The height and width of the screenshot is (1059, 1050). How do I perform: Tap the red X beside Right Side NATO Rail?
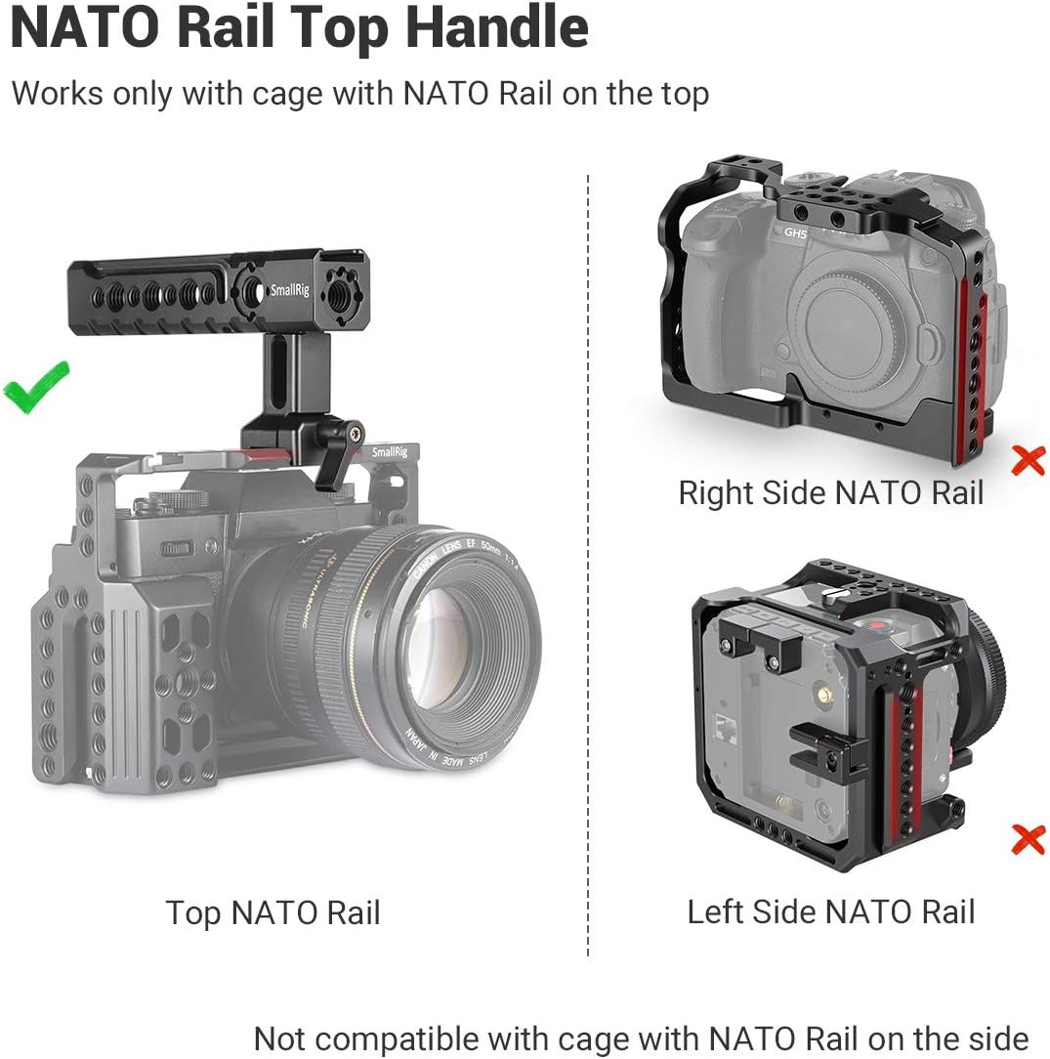pos(1028,459)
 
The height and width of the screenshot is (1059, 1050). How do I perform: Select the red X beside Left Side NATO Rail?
pos(1028,838)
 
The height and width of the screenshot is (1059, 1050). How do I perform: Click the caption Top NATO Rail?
pos(273,913)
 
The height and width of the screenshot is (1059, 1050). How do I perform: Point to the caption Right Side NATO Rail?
pos(831,492)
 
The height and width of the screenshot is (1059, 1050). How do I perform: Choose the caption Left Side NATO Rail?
pos(831,912)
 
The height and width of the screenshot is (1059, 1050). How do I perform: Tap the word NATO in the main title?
pos(86,29)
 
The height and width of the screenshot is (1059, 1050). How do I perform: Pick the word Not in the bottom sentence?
pos(280,1038)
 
